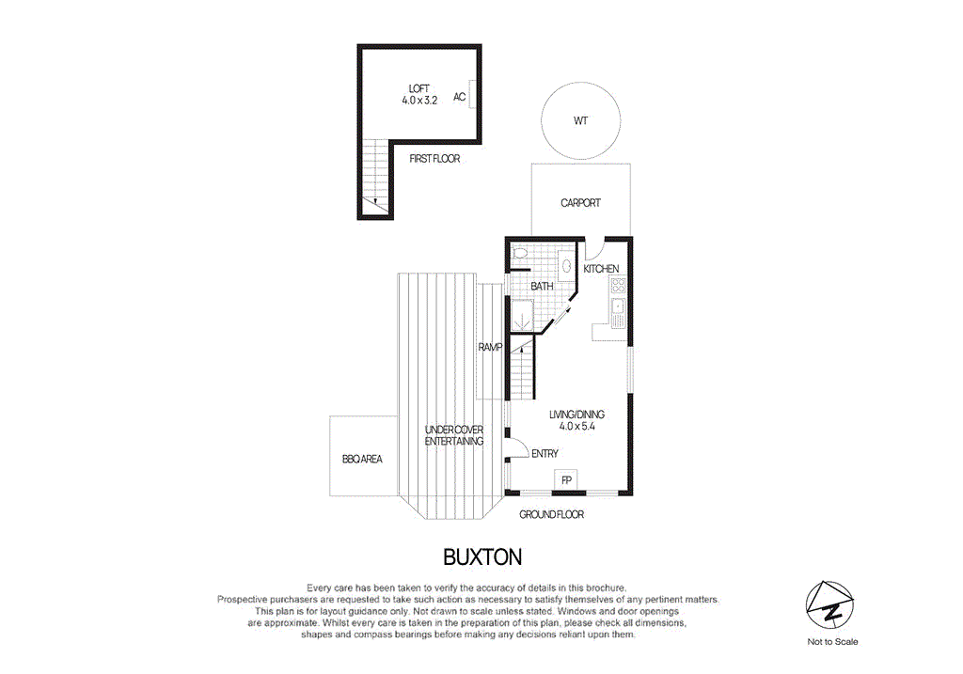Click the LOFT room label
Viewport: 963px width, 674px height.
pos(418,88)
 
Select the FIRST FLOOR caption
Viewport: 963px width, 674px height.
pos(434,159)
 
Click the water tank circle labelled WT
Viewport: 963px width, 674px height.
pos(580,120)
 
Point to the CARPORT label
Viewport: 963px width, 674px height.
pos(580,203)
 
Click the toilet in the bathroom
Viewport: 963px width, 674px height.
pos(522,252)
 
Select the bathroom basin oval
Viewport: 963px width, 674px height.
pos(567,267)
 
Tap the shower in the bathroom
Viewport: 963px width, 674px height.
pos(521,315)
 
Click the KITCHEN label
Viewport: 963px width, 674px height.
pos(601,270)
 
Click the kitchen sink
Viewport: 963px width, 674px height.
pos(618,307)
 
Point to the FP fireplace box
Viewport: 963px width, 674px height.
pos(567,480)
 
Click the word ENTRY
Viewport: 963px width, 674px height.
pos(545,454)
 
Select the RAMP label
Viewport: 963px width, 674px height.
pos(490,347)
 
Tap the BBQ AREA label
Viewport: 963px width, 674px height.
pos(362,460)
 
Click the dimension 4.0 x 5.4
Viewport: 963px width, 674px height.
pos(577,426)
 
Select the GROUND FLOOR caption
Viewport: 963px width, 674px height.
pos(552,514)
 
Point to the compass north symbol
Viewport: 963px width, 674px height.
pos(832,606)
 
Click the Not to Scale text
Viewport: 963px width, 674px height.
pos(832,642)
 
